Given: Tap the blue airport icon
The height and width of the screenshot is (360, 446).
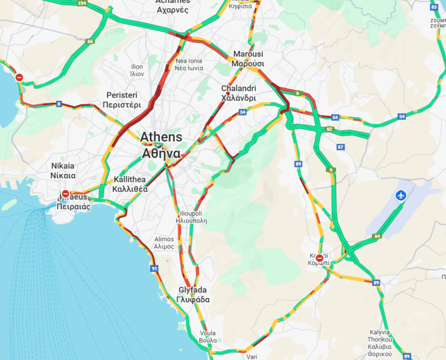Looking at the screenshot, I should point(400,195).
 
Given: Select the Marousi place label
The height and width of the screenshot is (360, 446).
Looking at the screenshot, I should point(248,58).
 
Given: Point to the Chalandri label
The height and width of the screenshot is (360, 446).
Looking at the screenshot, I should point(238,93).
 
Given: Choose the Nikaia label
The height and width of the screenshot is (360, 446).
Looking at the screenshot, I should point(63,170).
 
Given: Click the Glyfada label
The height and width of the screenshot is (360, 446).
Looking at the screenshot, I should point(194,294).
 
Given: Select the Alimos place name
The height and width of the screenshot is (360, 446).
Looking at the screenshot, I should point(164,243).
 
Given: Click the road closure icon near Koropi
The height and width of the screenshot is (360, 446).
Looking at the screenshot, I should point(320,258).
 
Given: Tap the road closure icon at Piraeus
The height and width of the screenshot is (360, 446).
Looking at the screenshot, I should point(66,194).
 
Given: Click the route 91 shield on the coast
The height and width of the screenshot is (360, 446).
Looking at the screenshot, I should point(154,268).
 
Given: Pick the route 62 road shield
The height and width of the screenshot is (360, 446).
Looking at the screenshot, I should point(330,129).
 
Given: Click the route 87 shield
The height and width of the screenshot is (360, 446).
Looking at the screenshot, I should point(340,147).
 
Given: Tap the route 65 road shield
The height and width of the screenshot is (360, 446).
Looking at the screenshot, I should point(90,41).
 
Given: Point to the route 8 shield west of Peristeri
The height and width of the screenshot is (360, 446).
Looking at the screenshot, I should point(59,103).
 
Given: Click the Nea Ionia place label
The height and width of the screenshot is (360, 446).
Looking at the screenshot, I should point(188,64).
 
